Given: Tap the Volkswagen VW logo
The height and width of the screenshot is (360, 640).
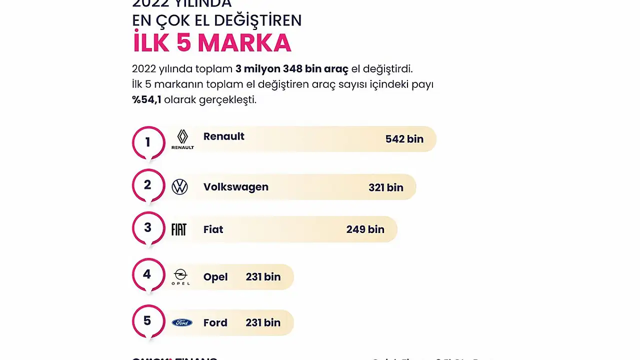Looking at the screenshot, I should pyautogui.click(x=179, y=187).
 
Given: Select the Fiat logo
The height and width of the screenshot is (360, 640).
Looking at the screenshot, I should pyautogui.click(x=178, y=229).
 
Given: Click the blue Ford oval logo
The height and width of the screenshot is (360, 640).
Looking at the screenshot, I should pyautogui.click(x=182, y=323).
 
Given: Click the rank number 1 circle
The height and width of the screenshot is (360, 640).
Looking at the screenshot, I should pyautogui.click(x=148, y=142).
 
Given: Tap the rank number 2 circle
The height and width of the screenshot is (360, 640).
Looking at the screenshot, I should pyautogui.click(x=148, y=185).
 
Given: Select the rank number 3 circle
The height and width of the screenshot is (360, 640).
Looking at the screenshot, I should pyautogui.click(x=148, y=228).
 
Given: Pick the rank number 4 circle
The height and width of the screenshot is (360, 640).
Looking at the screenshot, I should pyautogui.click(x=147, y=274).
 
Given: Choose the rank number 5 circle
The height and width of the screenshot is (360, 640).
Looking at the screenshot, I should pyautogui.click(x=147, y=321).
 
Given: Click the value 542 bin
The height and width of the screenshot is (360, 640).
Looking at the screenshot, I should pyautogui.click(x=404, y=139).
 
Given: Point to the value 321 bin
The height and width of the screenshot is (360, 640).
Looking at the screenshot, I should pyautogui.click(x=385, y=187).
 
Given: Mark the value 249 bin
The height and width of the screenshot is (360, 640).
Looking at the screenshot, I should pyautogui.click(x=365, y=229).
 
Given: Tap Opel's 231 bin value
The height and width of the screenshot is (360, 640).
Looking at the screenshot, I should pyautogui.click(x=263, y=277).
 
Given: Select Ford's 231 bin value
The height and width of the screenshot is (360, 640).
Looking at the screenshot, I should pyautogui.click(x=263, y=323).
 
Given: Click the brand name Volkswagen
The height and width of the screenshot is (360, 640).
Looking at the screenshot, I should pyautogui.click(x=235, y=187).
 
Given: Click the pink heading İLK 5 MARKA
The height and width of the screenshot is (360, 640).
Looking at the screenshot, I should pyautogui.click(x=211, y=43).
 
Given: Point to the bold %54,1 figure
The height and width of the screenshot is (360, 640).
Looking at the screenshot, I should pyautogui.click(x=146, y=99).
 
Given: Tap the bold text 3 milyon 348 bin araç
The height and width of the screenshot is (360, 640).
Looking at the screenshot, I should pyautogui.click(x=291, y=69).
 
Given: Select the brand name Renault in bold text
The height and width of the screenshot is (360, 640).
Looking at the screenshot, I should pyautogui.click(x=223, y=136).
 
